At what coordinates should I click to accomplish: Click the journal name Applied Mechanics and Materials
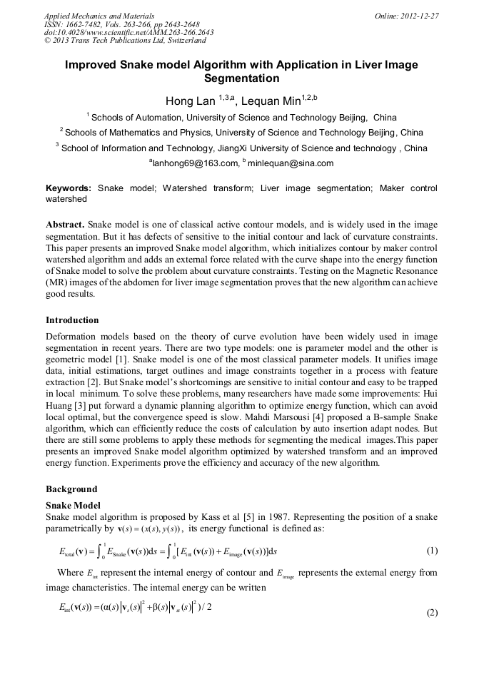click(99, 16)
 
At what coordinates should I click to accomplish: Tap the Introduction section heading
click(72, 320)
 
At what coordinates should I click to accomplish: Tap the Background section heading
click(71, 489)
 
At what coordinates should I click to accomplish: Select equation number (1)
click(432, 551)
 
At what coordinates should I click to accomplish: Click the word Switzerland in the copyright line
click(181, 41)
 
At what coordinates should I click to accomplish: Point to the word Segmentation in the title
click(241, 78)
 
